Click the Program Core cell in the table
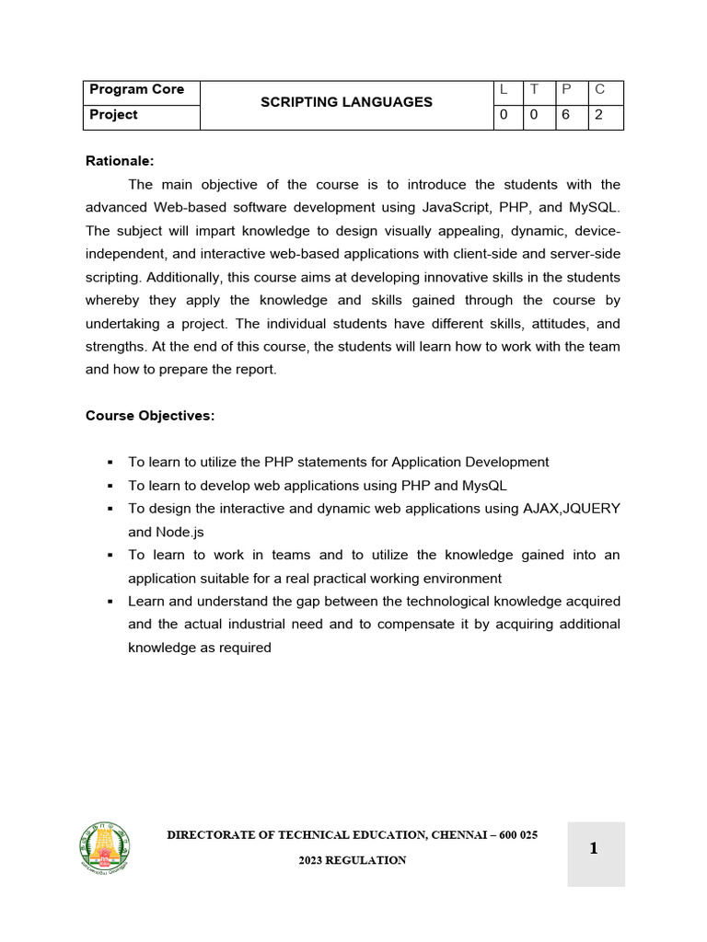click(135, 90)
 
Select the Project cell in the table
click(112, 115)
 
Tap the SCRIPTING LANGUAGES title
click(346, 102)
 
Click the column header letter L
click(504, 90)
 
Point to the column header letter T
click(534, 90)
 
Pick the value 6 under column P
click(566, 116)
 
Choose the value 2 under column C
click(599, 116)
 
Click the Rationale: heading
click(120, 161)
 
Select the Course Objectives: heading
click(150, 416)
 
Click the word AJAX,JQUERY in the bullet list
click(572, 509)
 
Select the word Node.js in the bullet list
click(180, 532)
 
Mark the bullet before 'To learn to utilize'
click(110, 463)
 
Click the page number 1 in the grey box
click(594, 849)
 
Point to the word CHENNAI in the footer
click(458, 835)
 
